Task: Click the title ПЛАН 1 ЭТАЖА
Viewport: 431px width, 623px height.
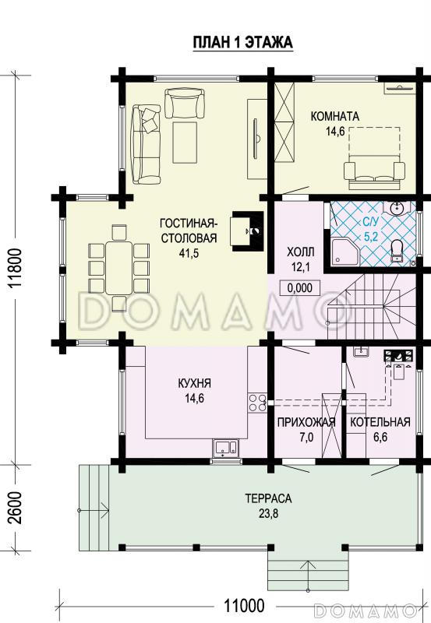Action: click(243, 42)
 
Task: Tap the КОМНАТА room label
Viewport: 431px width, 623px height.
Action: click(335, 116)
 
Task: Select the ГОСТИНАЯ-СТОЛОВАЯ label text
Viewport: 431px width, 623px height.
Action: click(189, 230)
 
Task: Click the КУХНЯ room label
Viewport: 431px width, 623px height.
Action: click(194, 383)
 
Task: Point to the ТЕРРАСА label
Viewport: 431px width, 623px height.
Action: click(268, 498)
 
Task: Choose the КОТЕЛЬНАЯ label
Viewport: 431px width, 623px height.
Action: click(380, 422)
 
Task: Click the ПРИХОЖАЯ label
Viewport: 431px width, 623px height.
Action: click(306, 422)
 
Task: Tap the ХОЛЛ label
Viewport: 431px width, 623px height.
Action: click(301, 252)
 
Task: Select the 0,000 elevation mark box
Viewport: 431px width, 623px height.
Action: click(299, 287)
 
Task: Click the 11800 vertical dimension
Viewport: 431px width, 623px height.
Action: click(16, 268)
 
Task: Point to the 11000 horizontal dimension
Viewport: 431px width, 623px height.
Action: click(244, 606)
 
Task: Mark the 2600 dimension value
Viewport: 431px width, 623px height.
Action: click(15, 509)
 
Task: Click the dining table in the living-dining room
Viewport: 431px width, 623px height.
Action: click(118, 268)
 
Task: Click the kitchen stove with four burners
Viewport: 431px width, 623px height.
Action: click(257, 403)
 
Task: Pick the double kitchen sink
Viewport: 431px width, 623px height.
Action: click(225, 447)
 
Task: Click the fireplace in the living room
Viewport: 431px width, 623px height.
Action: click(247, 231)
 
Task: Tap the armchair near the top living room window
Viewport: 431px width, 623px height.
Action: click(185, 104)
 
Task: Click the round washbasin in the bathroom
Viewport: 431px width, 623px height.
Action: click(397, 208)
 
